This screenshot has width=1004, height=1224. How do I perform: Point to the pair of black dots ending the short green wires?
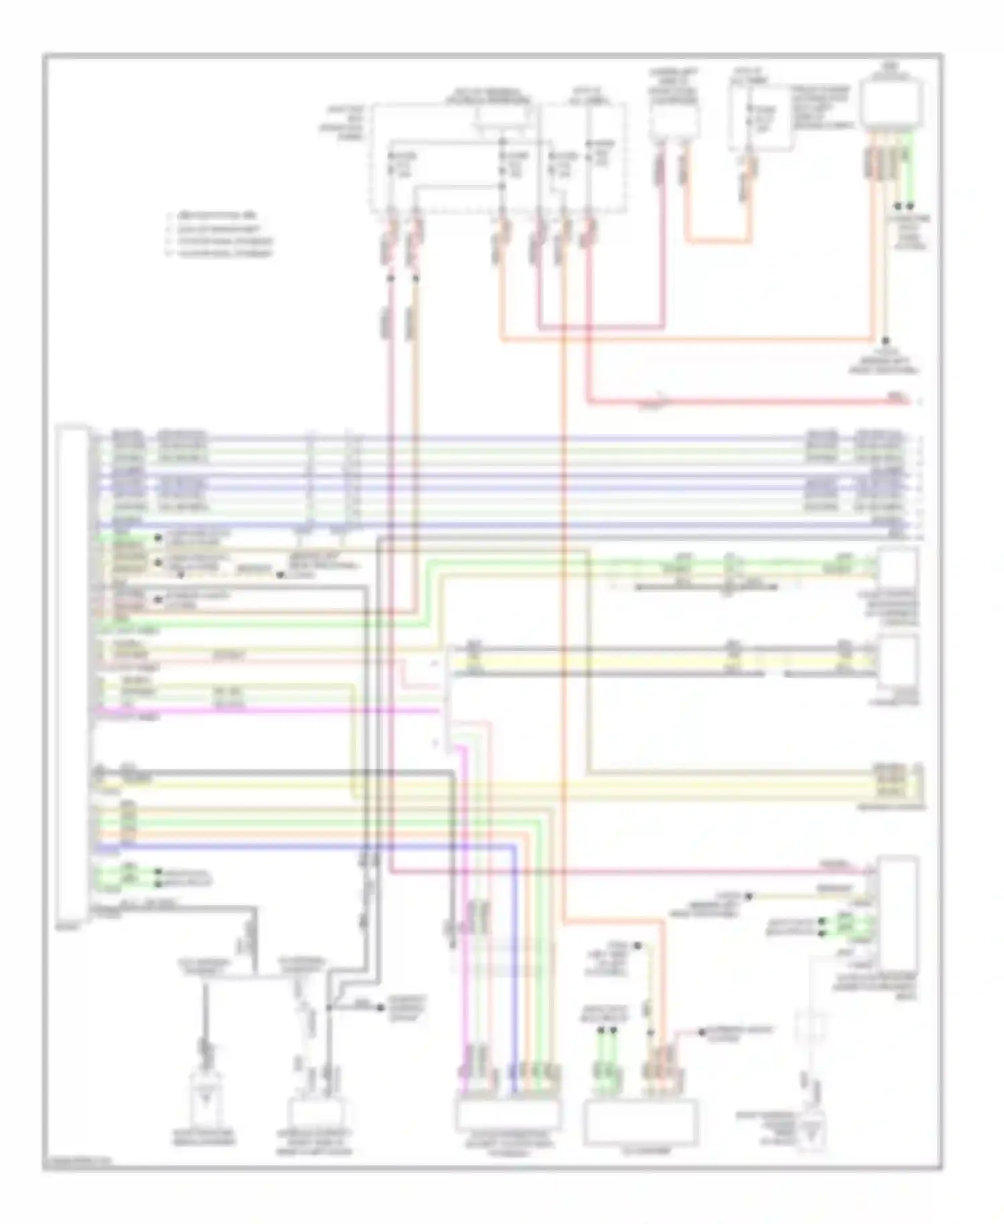[x=904, y=207]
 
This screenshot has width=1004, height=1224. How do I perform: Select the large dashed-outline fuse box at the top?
[x=499, y=157]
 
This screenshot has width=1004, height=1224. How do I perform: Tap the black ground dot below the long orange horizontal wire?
[x=885, y=341]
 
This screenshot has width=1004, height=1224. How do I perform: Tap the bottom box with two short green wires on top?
[x=640, y=1122]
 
